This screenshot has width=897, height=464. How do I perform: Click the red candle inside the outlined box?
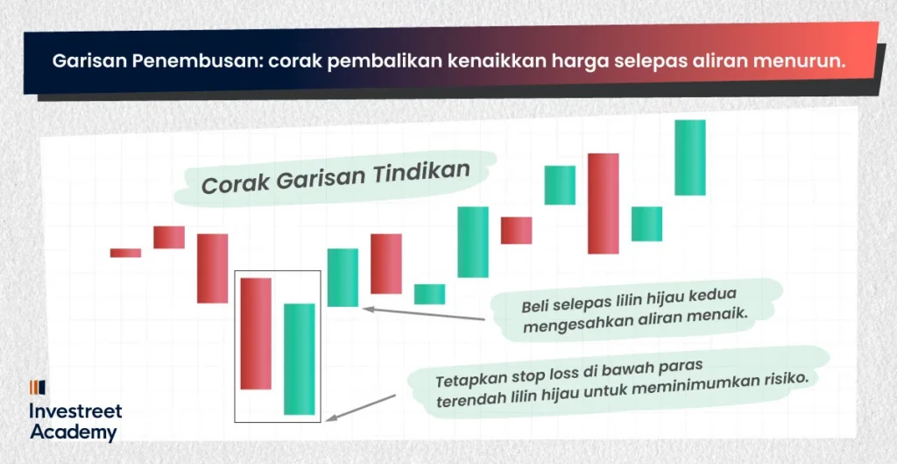coord(256,333)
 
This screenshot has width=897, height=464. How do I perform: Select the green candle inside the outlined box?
coord(300,359)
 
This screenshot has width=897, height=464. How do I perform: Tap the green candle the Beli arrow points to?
coord(343,277)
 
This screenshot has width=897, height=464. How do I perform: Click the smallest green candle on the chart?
coord(429,294)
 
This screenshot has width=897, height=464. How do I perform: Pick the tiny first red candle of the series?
coord(125,253)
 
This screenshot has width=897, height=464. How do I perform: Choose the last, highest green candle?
coord(690,158)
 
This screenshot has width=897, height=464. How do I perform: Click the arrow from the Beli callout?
coord(424,314)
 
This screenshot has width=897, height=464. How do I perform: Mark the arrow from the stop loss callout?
coord(360,408)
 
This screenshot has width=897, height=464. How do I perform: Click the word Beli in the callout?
coord(533,305)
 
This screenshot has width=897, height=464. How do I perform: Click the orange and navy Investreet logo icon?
coord(37,388)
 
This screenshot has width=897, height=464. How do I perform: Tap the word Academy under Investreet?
coord(74,432)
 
